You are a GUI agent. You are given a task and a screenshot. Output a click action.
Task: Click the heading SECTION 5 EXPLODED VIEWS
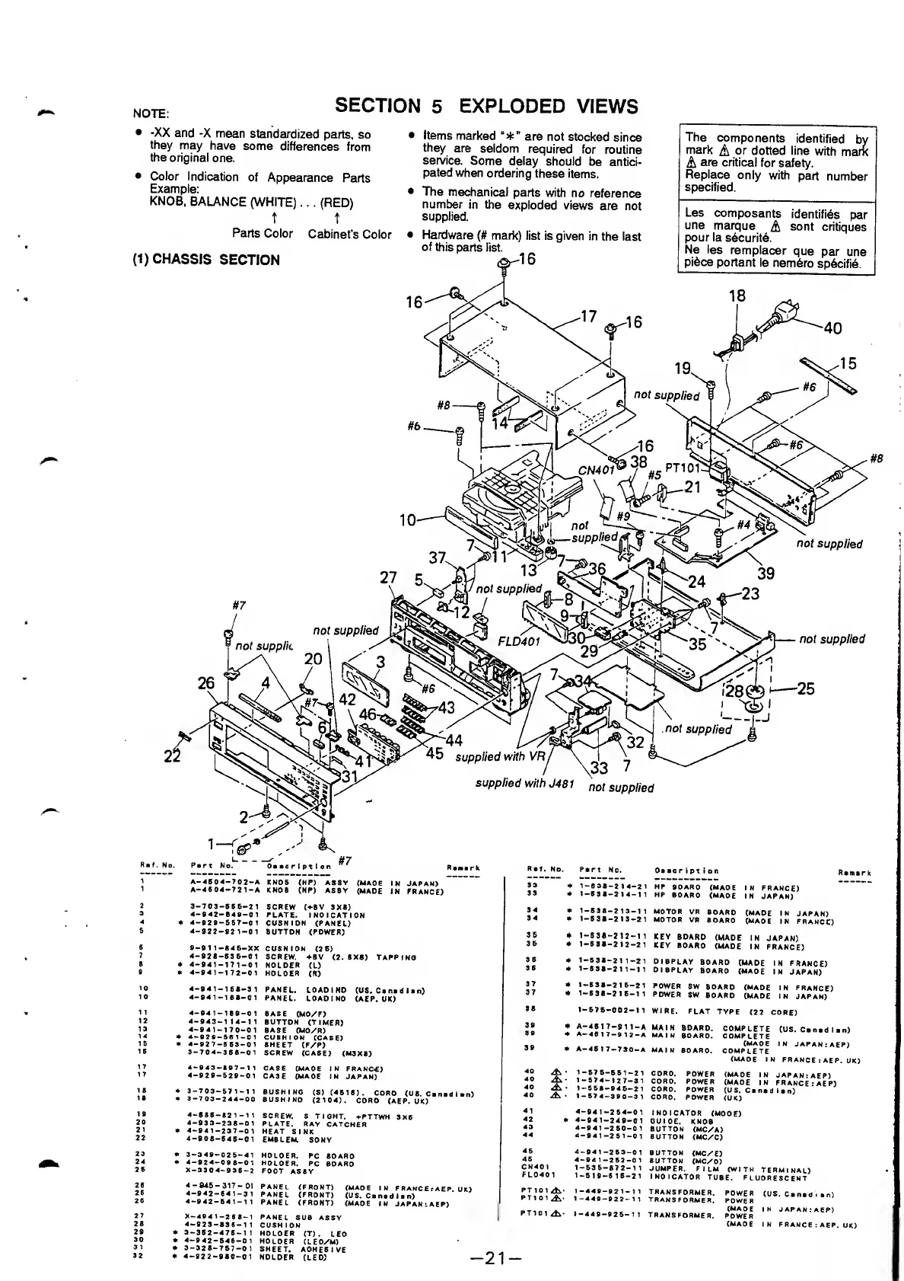(486, 106)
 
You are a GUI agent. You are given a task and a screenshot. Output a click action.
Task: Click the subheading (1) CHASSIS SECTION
(206, 260)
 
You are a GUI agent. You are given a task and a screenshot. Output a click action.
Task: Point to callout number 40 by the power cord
(832, 328)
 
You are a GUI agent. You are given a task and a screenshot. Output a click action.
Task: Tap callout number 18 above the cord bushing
(737, 296)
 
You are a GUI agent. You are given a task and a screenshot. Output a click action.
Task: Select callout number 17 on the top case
(588, 316)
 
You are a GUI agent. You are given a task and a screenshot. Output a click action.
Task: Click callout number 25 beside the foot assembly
(805, 689)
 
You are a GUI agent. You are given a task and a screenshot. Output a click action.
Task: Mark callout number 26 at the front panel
(206, 683)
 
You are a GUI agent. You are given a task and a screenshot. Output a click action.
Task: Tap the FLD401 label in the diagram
(518, 640)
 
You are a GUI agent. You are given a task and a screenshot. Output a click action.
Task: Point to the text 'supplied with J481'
(524, 783)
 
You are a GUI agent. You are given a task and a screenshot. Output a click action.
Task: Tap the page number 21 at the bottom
(495, 1258)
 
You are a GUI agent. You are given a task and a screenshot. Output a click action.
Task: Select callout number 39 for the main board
(765, 573)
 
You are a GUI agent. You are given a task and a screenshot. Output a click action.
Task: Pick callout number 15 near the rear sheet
(848, 364)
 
